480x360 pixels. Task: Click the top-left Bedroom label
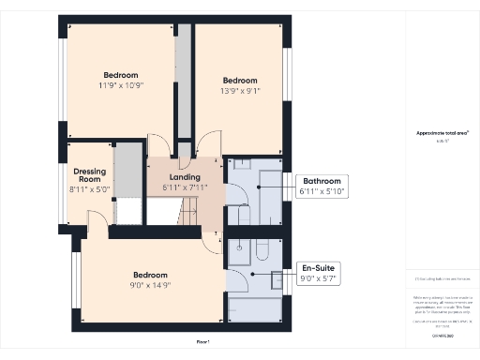tap(120, 75)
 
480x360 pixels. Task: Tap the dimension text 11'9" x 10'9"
tap(120, 85)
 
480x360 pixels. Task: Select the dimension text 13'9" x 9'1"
tap(239, 91)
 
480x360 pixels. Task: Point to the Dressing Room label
tap(90, 175)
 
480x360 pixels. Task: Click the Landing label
tap(186, 177)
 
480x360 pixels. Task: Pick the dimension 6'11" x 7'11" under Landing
tap(186, 187)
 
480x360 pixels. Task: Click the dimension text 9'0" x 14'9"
tap(149, 284)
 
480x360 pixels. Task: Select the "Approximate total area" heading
tap(441, 133)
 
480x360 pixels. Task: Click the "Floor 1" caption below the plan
tap(202, 342)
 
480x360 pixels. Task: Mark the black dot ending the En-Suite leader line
tap(252, 273)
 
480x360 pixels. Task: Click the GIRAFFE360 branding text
tap(441, 334)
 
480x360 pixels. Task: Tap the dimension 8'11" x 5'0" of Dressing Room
tap(90, 189)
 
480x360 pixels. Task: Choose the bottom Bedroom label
tap(149, 274)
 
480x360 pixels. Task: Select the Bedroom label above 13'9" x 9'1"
tap(239, 81)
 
